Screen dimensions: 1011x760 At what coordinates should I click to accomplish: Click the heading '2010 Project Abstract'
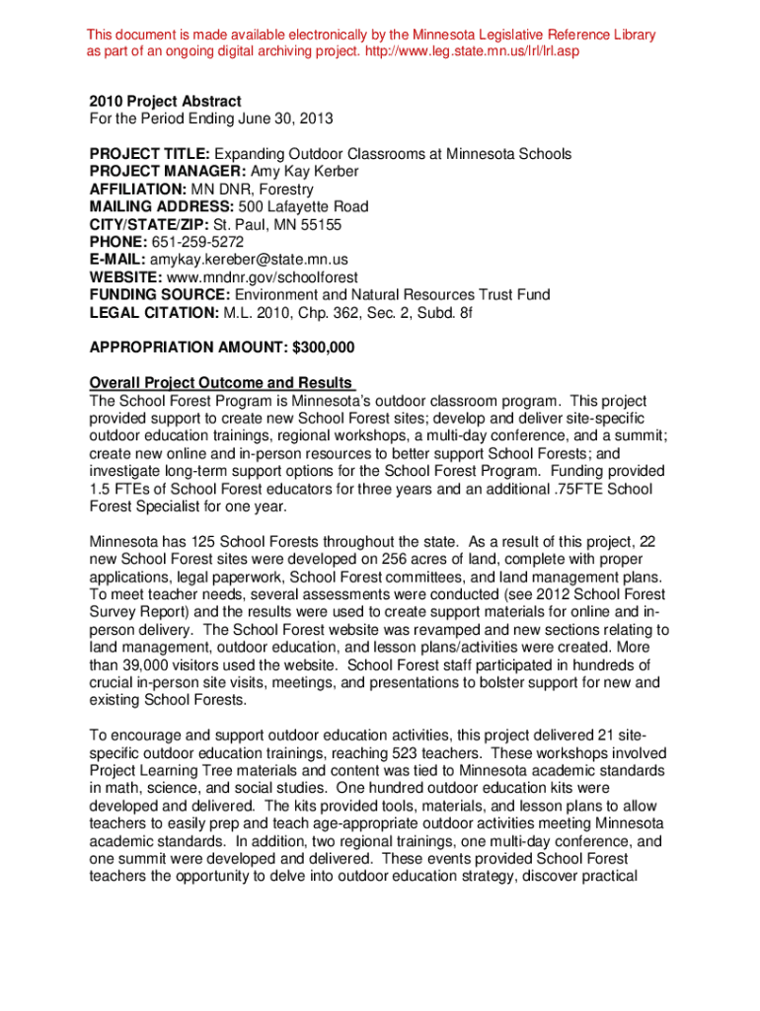click(165, 102)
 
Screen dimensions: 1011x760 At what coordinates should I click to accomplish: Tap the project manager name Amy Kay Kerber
click(298, 172)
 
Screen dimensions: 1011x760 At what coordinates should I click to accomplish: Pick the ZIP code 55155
click(320, 225)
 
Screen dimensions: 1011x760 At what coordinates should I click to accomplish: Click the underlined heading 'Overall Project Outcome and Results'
click(221, 383)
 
